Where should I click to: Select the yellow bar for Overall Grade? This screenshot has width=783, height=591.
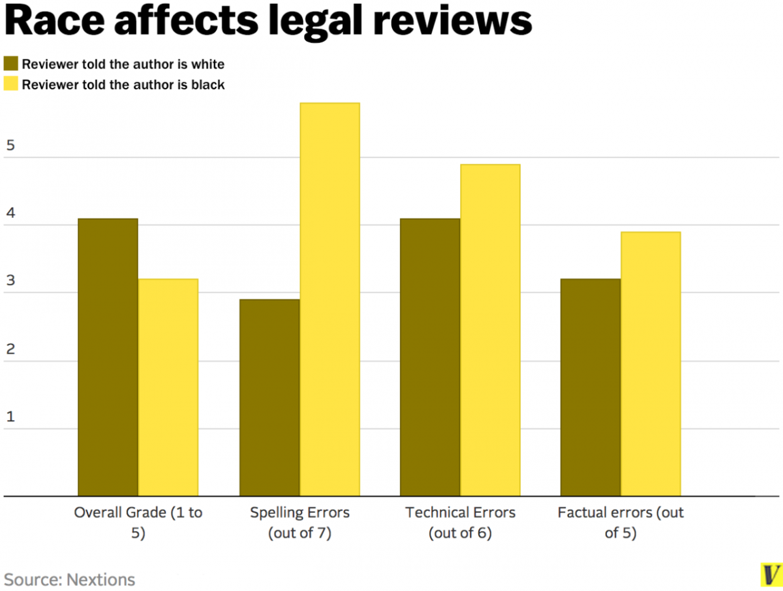[x=168, y=387]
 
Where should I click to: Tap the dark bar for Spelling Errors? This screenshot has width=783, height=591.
[x=269, y=398]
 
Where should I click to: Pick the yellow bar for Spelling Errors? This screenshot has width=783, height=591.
[x=330, y=299]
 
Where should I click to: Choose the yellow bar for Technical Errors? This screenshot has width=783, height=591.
[x=490, y=330]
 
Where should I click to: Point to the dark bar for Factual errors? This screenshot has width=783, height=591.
[x=591, y=387]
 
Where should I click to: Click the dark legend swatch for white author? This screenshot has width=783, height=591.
[x=11, y=63]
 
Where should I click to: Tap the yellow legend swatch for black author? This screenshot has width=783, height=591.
[x=11, y=84]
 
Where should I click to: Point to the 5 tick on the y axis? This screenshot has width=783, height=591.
[x=10, y=146]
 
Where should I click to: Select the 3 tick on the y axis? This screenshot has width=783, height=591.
[x=10, y=282]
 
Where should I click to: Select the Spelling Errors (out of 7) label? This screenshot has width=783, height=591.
[x=299, y=523]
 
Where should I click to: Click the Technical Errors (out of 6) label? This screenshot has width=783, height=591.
[x=460, y=523]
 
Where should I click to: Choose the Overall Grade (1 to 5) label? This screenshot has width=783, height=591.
[x=138, y=523]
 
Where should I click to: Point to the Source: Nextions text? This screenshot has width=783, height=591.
[x=70, y=579]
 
